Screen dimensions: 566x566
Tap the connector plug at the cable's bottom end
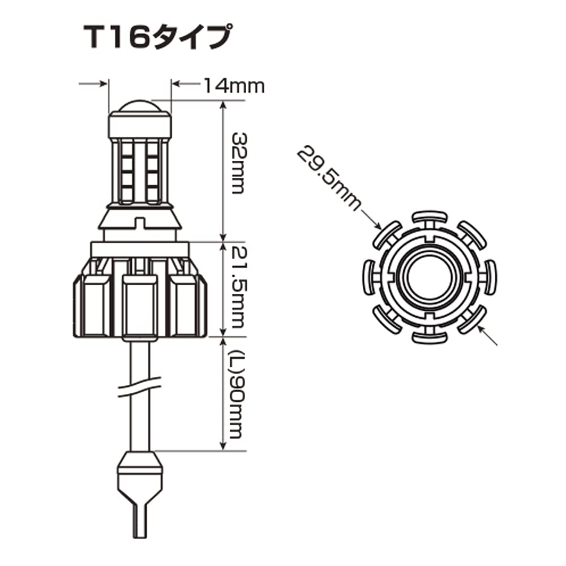point(140,470)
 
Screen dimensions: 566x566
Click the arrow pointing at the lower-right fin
point(488,337)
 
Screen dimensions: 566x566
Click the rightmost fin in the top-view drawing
point(488,277)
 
